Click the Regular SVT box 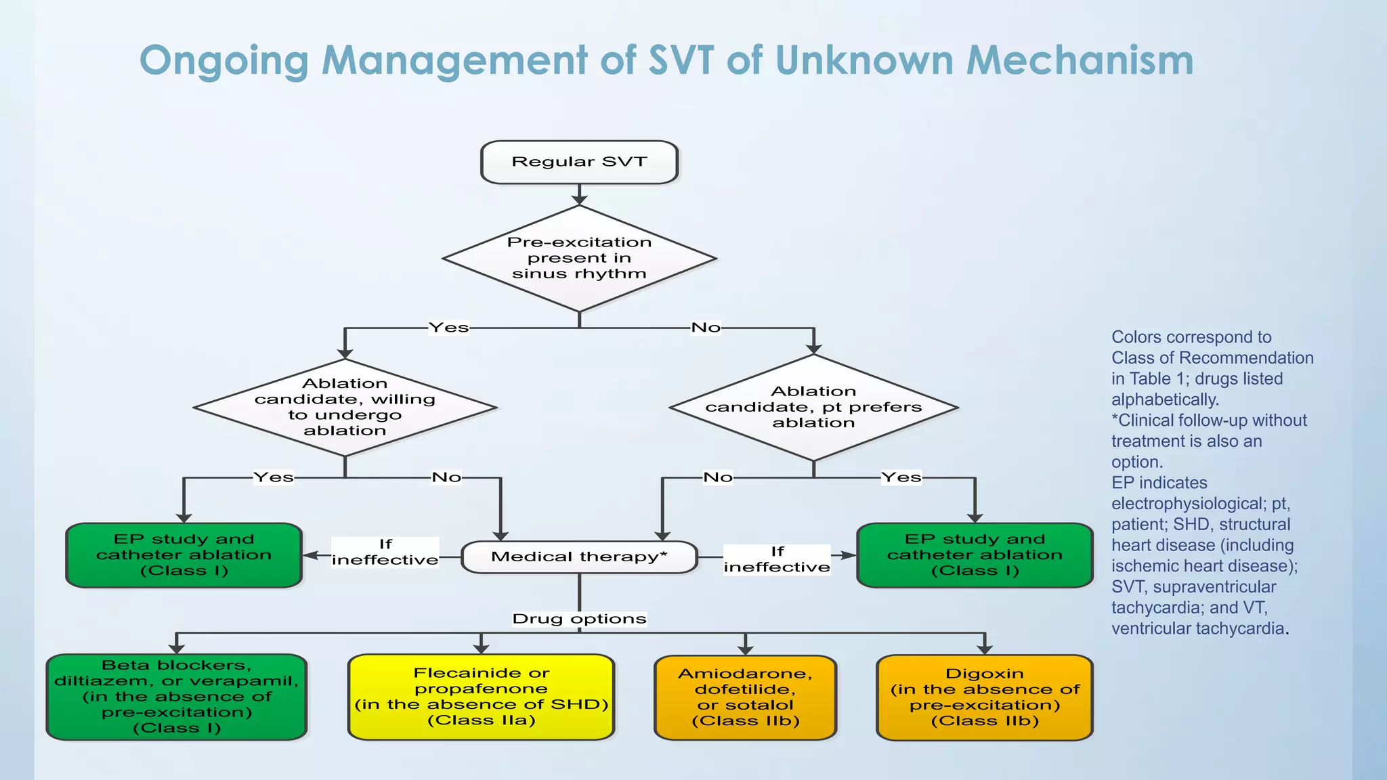coord(579,162)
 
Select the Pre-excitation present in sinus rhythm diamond coord(579,258)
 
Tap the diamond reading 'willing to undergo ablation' coord(345,407)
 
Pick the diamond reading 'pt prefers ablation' coord(813,407)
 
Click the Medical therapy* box coord(579,557)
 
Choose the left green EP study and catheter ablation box coord(184,555)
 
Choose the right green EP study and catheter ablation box coord(975,555)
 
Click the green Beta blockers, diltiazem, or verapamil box coord(176,697)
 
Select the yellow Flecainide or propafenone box coord(481,697)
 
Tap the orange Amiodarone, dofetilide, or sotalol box coord(745,697)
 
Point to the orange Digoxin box coord(984,697)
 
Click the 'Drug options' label coord(579,619)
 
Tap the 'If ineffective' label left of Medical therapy coord(385,552)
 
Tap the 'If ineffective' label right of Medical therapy coord(777,560)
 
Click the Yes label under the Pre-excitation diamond coord(448,328)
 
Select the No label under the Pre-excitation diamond coord(706,328)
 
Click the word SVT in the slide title coord(681,61)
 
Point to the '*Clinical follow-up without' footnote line coord(1209,420)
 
